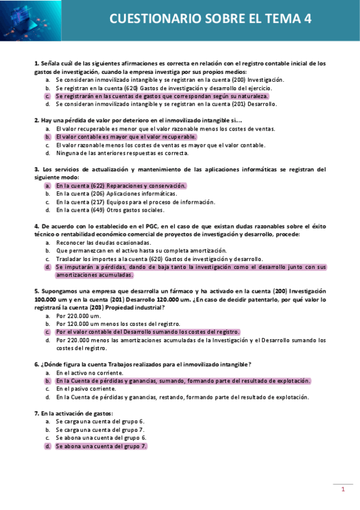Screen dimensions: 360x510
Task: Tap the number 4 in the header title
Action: [x=308, y=19]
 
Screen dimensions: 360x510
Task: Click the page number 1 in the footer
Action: [x=343, y=490]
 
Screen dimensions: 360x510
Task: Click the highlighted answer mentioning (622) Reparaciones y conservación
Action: [x=121, y=186]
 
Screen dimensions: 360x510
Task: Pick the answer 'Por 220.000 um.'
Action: [x=78, y=315]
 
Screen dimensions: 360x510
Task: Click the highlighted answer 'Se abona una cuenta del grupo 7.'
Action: [x=101, y=447]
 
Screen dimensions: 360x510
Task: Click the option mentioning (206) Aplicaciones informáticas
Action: [x=116, y=194]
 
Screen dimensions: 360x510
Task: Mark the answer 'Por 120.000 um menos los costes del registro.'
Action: [x=118, y=324]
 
